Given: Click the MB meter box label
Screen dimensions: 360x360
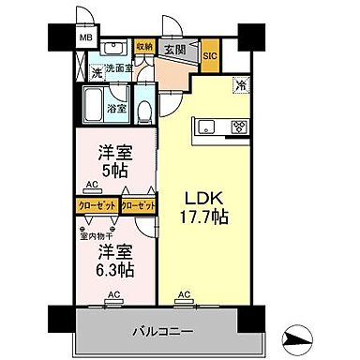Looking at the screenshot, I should pos(85,38).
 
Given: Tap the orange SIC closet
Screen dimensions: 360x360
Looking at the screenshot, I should pos(210,54).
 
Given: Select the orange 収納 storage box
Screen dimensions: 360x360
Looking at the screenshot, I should pos(143,44).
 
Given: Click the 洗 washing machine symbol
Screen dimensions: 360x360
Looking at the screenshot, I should pos(97,71).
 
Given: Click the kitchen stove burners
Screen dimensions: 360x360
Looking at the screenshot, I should pos(237,127).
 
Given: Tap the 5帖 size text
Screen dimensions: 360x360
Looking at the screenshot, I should pos(112,172).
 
